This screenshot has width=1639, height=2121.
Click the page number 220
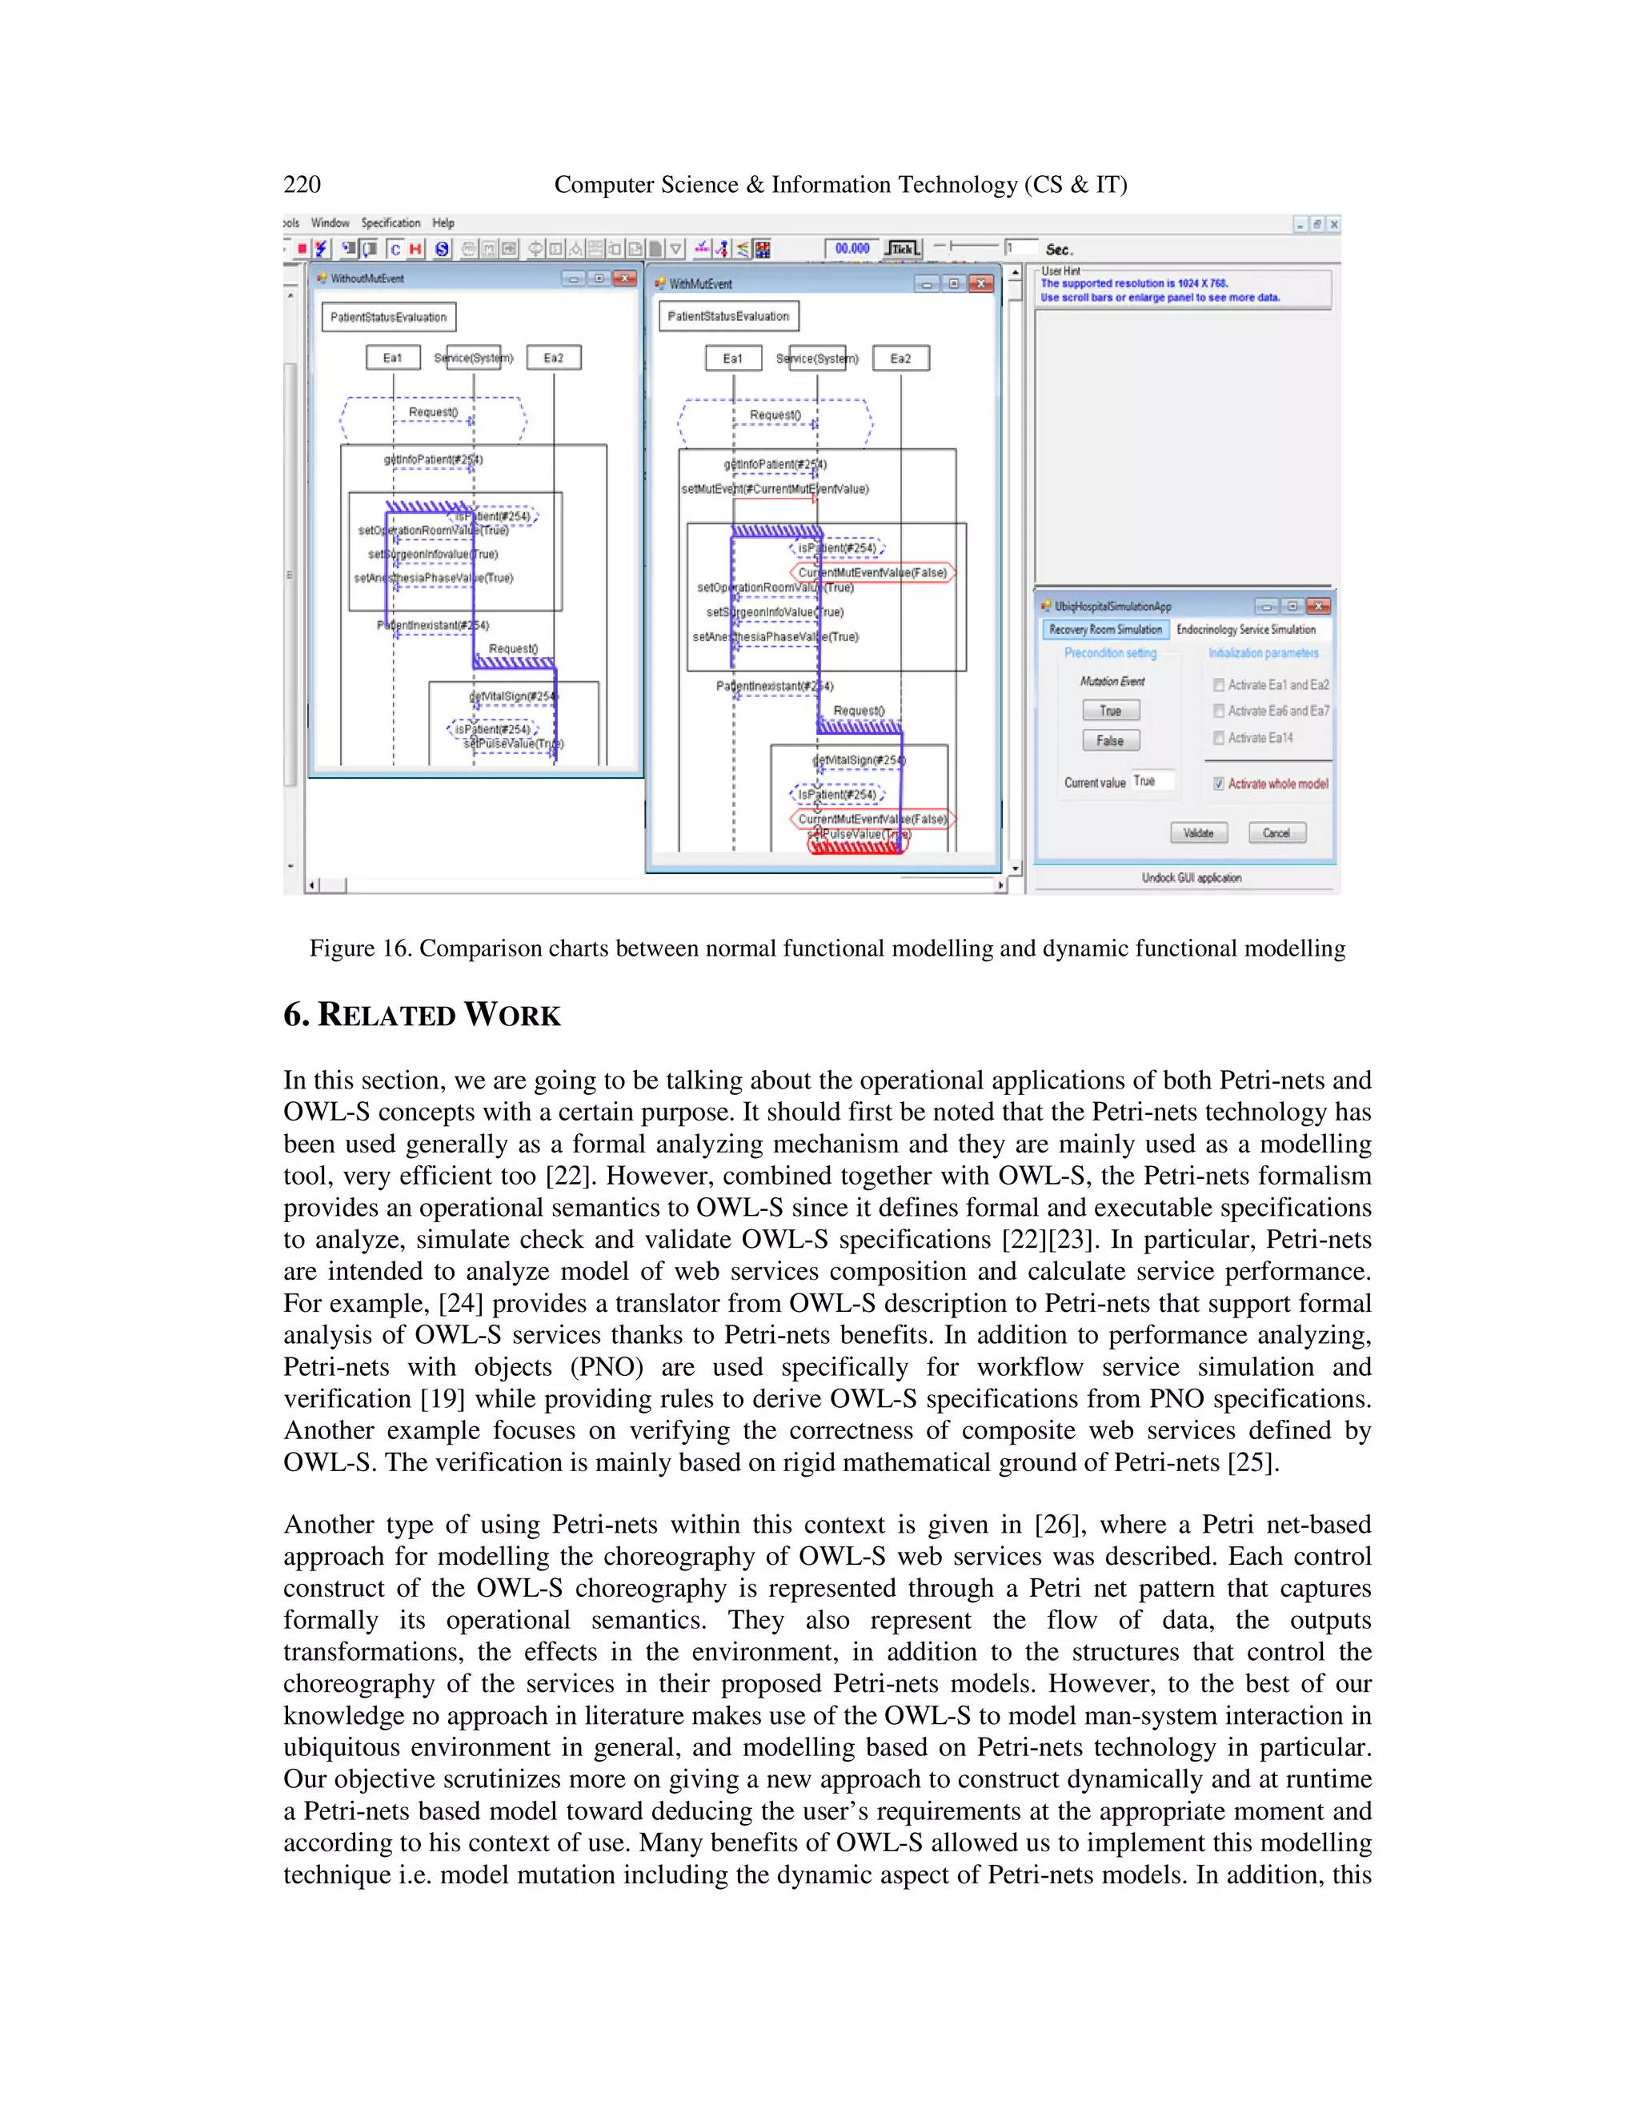[x=302, y=185]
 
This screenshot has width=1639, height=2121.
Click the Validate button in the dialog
[x=1198, y=832]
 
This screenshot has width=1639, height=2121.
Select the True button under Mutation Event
[x=1111, y=711]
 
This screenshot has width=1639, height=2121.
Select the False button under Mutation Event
[x=1111, y=740]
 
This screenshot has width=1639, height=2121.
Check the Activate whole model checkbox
[x=1219, y=784]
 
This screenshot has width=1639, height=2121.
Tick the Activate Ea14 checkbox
[x=1219, y=738]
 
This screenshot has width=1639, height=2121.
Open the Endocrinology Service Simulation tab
[x=1246, y=629]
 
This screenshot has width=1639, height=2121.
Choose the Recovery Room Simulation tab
[x=1105, y=629]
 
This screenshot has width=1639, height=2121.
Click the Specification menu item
[x=391, y=223]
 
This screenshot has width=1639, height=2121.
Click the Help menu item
[x=443, y=223]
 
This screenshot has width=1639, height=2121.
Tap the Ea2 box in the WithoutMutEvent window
[x=554, y=358]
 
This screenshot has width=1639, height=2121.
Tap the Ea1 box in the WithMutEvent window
[x=733, y=359]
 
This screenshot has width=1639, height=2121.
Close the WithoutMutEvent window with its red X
[x=625, y=279]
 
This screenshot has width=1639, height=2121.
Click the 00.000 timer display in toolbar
[x=852, y=249]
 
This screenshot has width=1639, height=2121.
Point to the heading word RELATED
[x=387, y=1015]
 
